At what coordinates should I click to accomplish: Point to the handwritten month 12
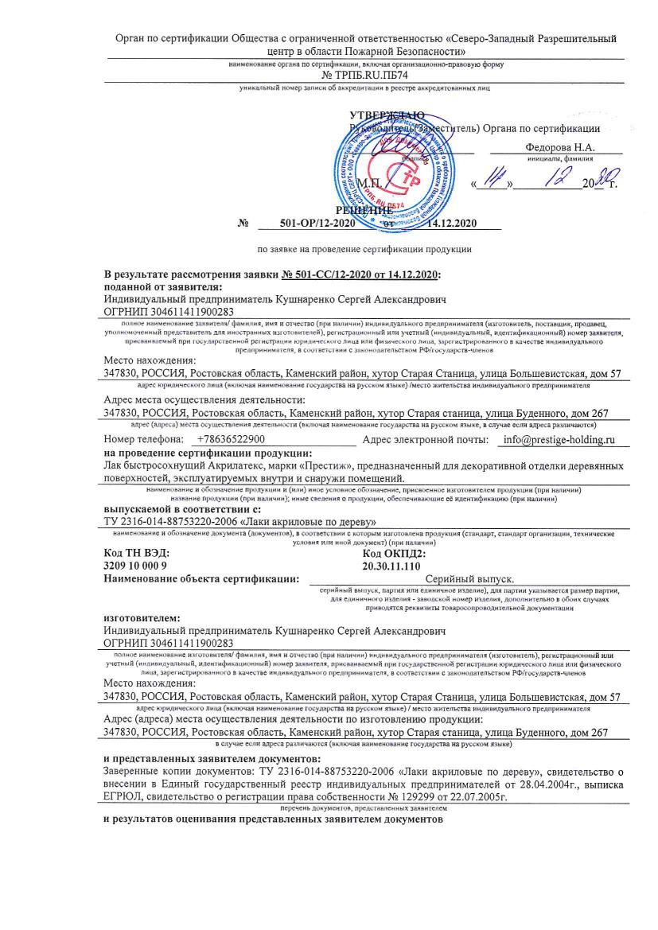point(549,181)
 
